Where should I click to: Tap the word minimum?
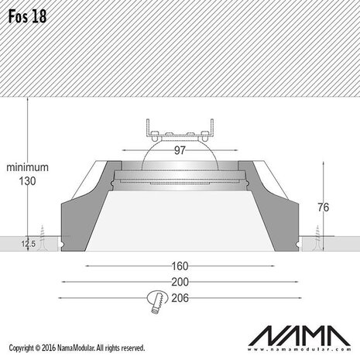pos(27,166)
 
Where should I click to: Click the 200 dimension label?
pos(180,282)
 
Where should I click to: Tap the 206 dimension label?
pos(180,297)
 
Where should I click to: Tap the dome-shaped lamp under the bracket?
pos(180,159)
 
